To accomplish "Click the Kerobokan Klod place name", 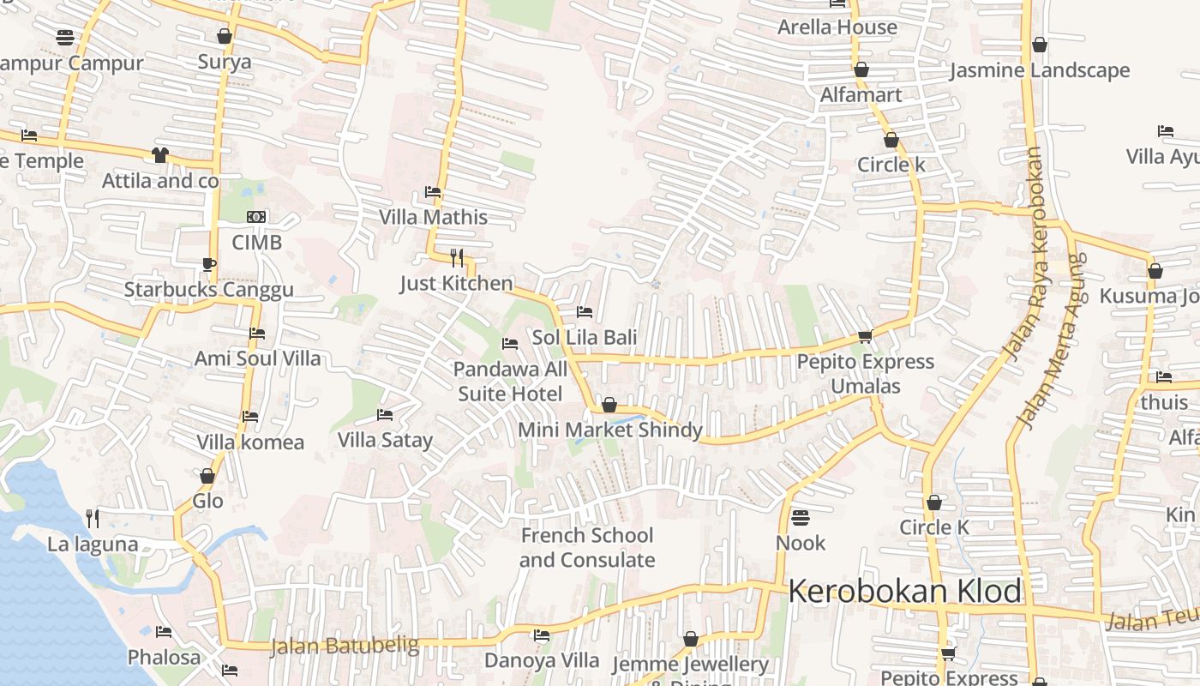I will pyautogui.click(x=904, y=592).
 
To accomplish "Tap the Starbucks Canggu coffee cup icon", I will pyautogui.click(x=209, y=264).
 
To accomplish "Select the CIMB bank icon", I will pyautogui.click(x=255, y=217).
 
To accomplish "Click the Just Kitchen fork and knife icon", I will pyautogui.click(x=457, y=257).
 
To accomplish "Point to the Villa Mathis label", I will pyautogui.click(x=433, y=217).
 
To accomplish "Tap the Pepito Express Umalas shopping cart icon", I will pyautogui.click(x=865, y=336).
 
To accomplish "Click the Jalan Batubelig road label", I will pyautogui.click(x=345, y=645).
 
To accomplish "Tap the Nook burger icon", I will pyautogui.click(x=801, y=518).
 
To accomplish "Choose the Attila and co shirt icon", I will pyautogui.click(x=160, y=155).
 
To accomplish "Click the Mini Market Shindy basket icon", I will pyautogui.click(x=609, y=405).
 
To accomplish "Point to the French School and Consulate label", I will pyautogui.click(x=587, y=548).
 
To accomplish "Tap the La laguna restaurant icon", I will pyautogui.click(x=93, y=518).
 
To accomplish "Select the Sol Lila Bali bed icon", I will pyautogui.click(x=585, y=312).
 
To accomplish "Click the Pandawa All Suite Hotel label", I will pyautogui.click(x=510, y=382).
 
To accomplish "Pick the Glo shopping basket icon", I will pyautogui.click(x=207, y=476).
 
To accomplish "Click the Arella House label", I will pyautogui.click(x=837, y=27).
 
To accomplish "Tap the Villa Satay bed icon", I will pyautogui.click(x=385, y=415).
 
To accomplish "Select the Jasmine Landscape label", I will pyautogui.click(x=1039, y=70).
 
